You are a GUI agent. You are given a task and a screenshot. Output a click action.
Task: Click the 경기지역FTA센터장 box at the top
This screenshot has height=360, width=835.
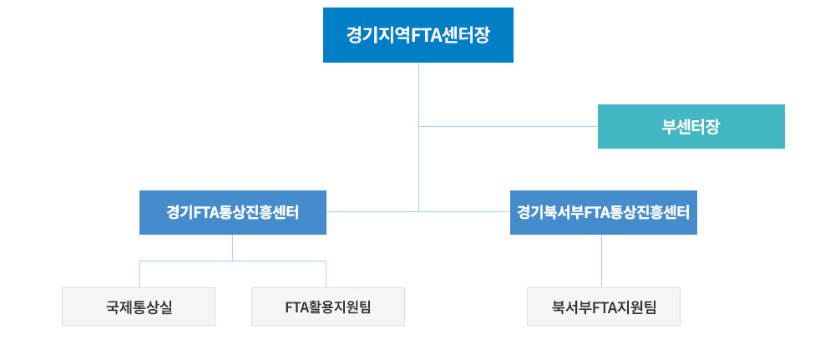coord(417,35)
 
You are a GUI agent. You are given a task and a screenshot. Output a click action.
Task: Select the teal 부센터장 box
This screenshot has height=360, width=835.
coord(691,126)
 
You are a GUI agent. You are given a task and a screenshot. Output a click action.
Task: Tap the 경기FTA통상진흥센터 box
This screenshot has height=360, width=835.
coord(232,212)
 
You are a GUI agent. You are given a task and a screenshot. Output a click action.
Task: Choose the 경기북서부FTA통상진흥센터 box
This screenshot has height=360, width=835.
coord(603,212)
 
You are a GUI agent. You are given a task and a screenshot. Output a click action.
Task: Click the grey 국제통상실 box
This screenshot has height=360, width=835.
coord(139,307)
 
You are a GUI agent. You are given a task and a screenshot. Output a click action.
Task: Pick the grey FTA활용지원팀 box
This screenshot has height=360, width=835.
coord(327,307)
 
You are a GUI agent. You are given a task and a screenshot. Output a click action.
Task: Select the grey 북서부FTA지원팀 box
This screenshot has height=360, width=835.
coord(604,307)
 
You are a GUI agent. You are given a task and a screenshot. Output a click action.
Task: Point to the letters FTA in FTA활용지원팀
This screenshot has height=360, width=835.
coord(297,307)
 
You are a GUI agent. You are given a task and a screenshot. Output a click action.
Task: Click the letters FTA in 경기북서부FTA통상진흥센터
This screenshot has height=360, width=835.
coord(599,212)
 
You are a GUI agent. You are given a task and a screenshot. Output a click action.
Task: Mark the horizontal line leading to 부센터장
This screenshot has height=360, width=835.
coord(509,126)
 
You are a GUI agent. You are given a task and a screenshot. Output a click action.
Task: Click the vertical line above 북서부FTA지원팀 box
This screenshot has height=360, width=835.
coord(602,261)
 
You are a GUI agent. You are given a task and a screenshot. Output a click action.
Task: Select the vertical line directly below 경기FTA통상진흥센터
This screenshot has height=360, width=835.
coord(232,247)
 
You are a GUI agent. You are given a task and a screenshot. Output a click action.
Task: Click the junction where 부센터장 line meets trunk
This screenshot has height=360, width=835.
coord(418,126)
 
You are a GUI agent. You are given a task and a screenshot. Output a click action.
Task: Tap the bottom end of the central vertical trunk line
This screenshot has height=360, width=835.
coord(418,211)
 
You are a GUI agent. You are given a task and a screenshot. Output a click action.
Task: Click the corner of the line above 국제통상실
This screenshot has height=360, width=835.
coord(139,261)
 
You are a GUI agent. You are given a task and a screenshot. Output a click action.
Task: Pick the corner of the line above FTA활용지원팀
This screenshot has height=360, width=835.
coord(326,261)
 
